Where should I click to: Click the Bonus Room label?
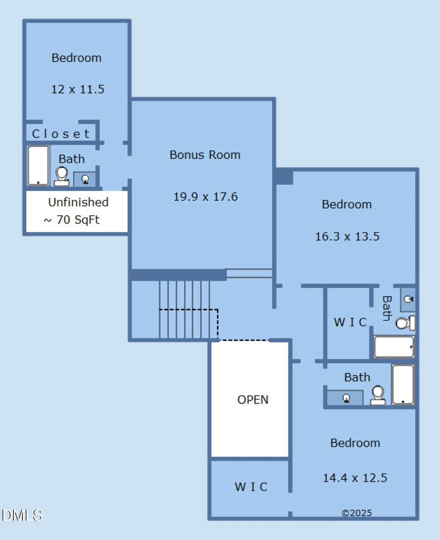(x=205, y=155)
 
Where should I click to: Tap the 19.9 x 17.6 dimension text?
(x=205, y=197)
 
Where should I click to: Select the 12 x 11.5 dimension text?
(x=78, y=89)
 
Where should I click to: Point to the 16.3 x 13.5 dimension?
(x=347, y=237)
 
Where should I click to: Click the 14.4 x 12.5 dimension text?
(x=355, y=478)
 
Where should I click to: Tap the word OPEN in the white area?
(x=253, y=400)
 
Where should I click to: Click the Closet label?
(x=61, y=134)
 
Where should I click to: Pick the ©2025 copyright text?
(x=356, y=513)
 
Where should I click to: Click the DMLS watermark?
(x=22, y=515)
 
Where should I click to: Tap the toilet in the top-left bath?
(x=62, y=176)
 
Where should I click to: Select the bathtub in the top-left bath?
(x=38, y=166)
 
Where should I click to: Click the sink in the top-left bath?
(x=85, y=179)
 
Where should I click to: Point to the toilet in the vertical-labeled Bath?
(x=404, y=323)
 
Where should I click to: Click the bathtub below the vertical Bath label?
(x=394, y=347)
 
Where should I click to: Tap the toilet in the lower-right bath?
(x=378, y=395)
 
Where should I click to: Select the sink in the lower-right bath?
(x=345, y=398)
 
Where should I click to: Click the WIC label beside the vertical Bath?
(x=350, y=323)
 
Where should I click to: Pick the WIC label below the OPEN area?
(x=251, y=487)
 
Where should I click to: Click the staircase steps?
(x=185, y=309)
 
